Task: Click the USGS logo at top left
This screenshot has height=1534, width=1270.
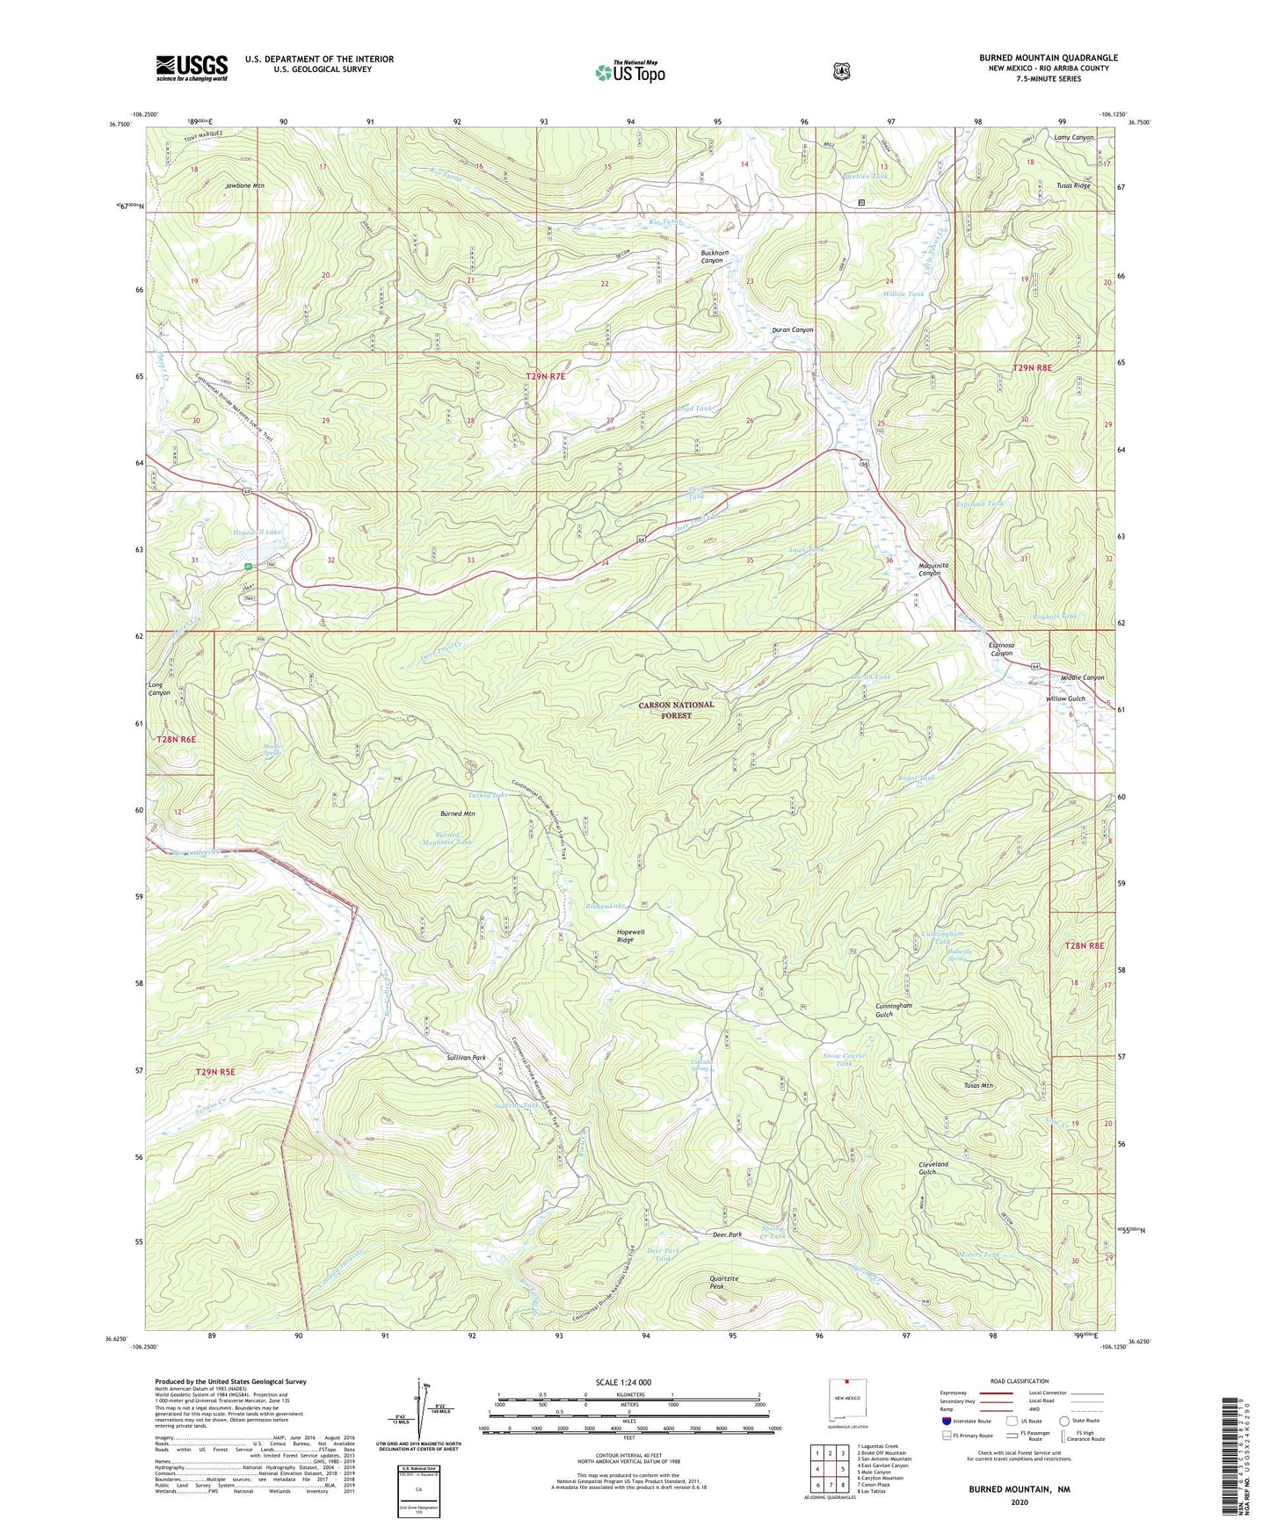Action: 192,68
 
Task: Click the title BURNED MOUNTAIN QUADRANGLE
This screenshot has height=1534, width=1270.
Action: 1048,58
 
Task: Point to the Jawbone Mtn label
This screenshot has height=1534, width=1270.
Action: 244,186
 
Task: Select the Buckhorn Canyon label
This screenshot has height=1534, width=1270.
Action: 712,257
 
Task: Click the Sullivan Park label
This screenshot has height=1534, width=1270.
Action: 466,1058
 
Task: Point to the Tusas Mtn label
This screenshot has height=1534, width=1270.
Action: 978,1086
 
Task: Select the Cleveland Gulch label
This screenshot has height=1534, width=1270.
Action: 933,1168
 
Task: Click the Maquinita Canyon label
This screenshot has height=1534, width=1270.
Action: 929,569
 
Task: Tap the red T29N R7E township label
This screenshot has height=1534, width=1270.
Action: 545,376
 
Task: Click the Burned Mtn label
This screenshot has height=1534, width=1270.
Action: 457,814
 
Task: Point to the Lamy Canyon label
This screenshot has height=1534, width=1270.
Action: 1073,138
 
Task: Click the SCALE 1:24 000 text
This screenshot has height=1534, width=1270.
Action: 623,1382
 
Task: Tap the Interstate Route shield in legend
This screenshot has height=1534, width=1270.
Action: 946,1420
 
